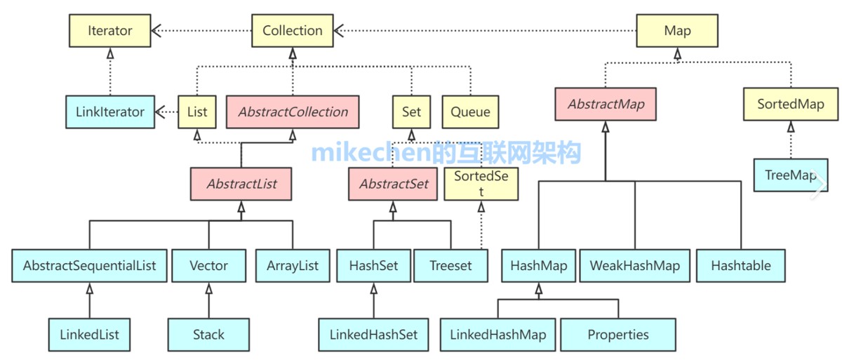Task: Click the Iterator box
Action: [x=110, y=31]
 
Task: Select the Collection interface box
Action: [x=292, y=31]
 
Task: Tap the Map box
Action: [x=677, y=31]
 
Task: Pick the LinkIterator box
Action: [x=110, y=112]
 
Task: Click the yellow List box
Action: [x=197, y=112]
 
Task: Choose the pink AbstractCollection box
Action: [x=293, y=112]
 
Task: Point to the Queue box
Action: [x=470, y=112]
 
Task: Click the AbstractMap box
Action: [x=606, y=105]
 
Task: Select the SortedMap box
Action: [x=790, y=105]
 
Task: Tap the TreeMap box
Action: [x=790, y=175]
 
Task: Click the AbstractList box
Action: [x=241, y=184]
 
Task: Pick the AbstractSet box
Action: [x=393, y=184]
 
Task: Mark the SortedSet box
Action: [x=481, y=184]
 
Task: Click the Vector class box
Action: [x=208, y=266]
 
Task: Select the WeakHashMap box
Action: [x=634, y=266]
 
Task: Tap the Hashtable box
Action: [x=740, y=266]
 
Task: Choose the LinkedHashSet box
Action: [x=373, y=335]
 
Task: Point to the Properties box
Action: [x=618, y=335]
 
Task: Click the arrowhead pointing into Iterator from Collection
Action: [x=157, y=31]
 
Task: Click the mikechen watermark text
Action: [x=446, y=152]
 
